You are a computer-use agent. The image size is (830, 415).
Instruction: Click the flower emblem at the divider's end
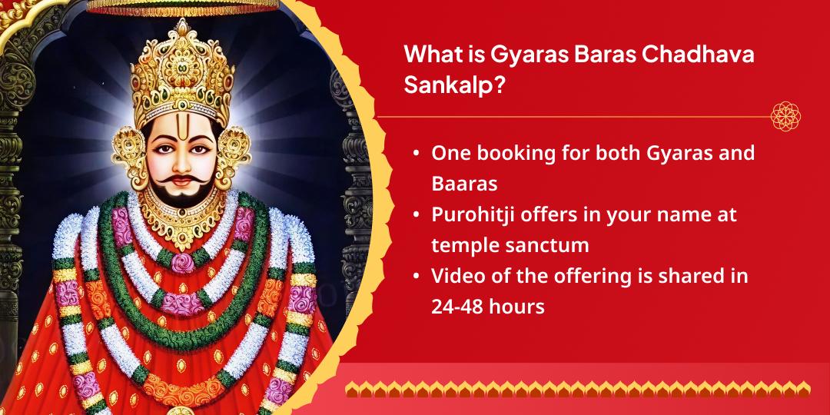(x=785, y=116)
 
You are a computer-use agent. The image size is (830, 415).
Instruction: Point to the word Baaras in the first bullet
(x=464, y=184)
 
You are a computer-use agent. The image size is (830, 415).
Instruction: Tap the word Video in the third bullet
(x=457, y=276)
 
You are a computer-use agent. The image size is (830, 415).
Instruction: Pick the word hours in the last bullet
(x=519, y=307)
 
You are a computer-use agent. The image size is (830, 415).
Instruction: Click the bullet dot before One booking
(x=416, y=154)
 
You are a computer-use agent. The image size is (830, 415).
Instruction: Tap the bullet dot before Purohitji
(x=416, y=215)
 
